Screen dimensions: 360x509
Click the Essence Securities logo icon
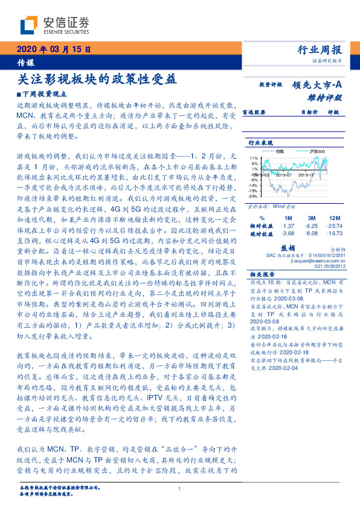(x=30, y=25)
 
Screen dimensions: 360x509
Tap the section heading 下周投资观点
(x=50, y=94)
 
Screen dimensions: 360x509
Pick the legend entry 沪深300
(x=317, y=151)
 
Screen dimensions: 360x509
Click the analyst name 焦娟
(x=289, y=247)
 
